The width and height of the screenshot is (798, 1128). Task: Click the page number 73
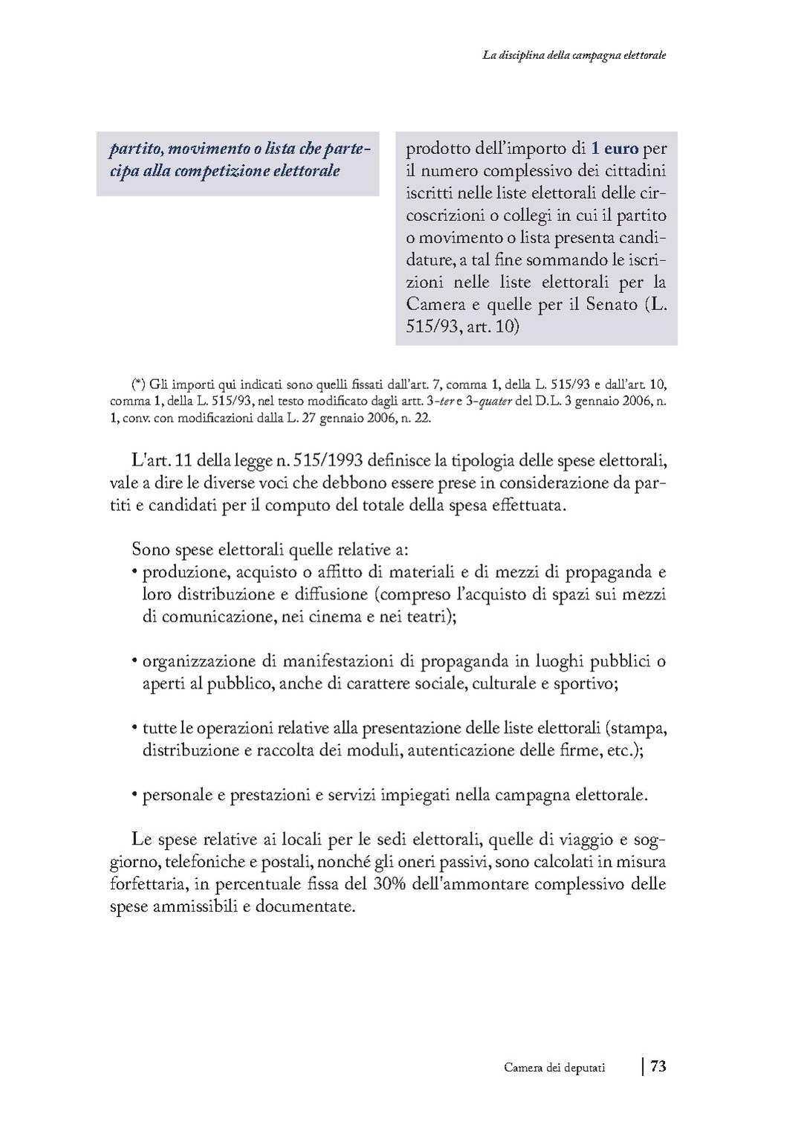(658, 1066)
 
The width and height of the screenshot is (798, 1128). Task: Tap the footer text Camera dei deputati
(554, 1068)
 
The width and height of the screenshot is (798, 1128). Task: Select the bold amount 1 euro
(615, 148)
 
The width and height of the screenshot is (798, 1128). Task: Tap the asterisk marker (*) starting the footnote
(138, 384)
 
